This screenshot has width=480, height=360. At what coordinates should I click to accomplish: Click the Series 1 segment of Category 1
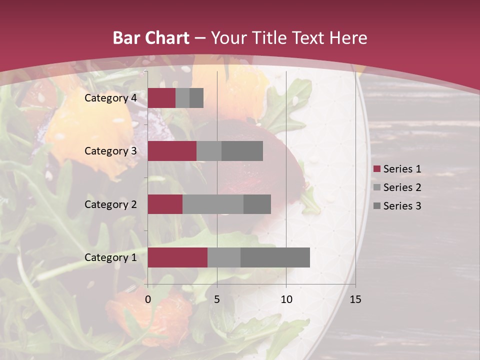pos(177,257)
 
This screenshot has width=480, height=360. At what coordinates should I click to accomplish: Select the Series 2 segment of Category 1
pos(224,257)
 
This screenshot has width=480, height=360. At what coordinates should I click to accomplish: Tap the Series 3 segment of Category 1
pos(275,257)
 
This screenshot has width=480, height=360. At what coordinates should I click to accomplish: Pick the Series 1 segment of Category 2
pos(165,204)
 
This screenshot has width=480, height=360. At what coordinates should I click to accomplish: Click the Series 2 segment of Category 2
pos(213,204)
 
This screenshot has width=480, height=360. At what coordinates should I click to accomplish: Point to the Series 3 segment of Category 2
pos(257,204)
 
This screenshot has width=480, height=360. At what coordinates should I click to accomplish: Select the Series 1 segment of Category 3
pos(172,151)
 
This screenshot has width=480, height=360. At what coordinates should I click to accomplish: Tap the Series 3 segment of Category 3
pos(242,151)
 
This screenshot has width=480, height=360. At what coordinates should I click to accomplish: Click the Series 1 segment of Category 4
pos(161,98)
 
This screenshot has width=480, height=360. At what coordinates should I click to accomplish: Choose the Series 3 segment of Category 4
pos(196,98)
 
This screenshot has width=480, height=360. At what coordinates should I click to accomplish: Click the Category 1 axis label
pos(110,257)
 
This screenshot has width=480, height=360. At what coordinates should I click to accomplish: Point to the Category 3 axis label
pos(110,151)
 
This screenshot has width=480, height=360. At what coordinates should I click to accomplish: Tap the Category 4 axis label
pos(110,98)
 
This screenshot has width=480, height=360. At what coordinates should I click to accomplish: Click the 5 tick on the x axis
pos(217,299)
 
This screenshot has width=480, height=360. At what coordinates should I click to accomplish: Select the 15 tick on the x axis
pos(355,299)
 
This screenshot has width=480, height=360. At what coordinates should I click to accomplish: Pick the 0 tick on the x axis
pos(148,299)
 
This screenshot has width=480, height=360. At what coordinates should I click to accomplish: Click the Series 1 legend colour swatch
pos(377,169)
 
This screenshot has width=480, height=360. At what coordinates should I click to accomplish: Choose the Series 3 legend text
pos(402,206)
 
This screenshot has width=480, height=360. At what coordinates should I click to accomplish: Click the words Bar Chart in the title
pos(151,38)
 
